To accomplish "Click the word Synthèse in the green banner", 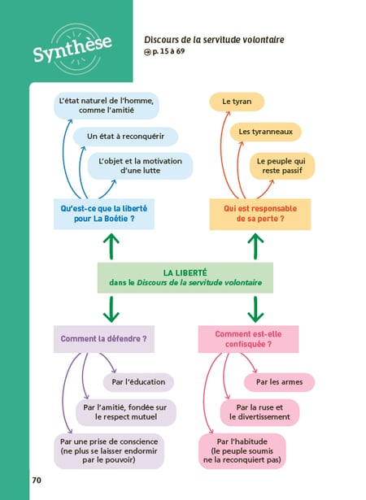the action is [x=72, y=48].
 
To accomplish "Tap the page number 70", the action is [x=37, y=480].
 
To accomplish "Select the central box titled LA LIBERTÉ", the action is [x=185, y=278].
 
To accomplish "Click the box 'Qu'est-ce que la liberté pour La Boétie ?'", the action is [x=104, y=214].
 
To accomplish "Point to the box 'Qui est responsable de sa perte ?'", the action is [x=260, y=214].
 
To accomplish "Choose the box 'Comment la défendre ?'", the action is [x=104, y=339].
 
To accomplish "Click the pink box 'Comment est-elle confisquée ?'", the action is [x=248, y=339].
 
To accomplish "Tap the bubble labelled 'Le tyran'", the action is [x=237, y=102].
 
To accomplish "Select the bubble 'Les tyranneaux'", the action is [x=265, y=132].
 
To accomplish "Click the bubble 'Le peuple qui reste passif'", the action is [x=282, y=166].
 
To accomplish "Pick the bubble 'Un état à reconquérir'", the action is [x=125, y=137].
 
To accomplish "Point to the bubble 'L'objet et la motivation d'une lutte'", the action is [x=140, y=166].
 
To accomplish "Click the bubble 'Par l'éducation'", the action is [x=138, y=382].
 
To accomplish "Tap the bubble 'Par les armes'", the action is [x=279, y=382].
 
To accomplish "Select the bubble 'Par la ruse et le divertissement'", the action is [x=259, y=412].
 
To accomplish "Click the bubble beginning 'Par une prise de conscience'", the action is [x=109, y=451].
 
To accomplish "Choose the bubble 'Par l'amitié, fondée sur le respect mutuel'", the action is [x=126, y=412].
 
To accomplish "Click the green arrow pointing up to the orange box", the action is [x=255, y=246].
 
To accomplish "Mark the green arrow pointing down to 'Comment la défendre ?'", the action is [x=111, y=309].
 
